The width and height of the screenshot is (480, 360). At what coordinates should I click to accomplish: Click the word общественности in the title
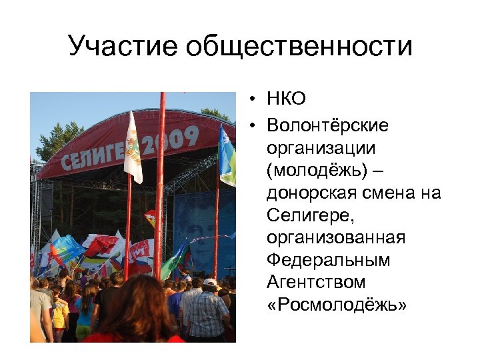pyautogui.click(x=299, y=47)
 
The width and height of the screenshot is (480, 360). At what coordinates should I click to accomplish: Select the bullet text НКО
pyautogui.click(x=286, y=100)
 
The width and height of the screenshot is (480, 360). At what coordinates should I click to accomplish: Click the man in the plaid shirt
pyautogui.click(x=207, y=310)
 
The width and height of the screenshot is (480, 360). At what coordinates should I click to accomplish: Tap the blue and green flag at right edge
pyautogui.click(x=227, y=157)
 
